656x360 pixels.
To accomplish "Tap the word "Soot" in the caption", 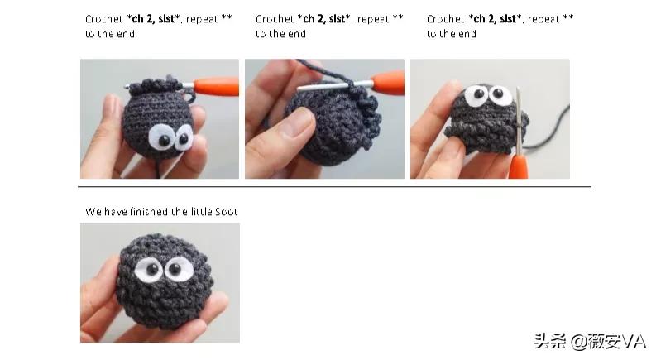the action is pyautogui.click(x=227, y=211).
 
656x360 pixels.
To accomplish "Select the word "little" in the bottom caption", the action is pyautogui.click(x=201, y=211).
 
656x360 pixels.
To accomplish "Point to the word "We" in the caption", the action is pyautogui.click(x=93, y=211).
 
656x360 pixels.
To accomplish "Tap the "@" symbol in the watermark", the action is pyautogui.click(x=578, y=342).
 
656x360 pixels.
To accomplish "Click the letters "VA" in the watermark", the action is pyautogui.click(x=634, y=342).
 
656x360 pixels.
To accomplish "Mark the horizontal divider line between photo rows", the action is pyautogui.click(x=334, y=186).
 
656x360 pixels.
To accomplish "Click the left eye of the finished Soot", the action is pyautogui.click(x=150, y=269).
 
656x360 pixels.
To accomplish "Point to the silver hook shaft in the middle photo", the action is pyautogui.click(x=334, y=86).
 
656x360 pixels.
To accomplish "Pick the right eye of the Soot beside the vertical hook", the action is pyautogui.click(x=500, y=94).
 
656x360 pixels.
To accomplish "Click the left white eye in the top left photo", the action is pyautogui.click(x=160, y=137).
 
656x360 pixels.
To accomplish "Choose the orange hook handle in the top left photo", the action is pyautogui.click(x=216, y=87).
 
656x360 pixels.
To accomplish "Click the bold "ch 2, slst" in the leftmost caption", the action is pyautogui.click(x=154, y=19).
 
